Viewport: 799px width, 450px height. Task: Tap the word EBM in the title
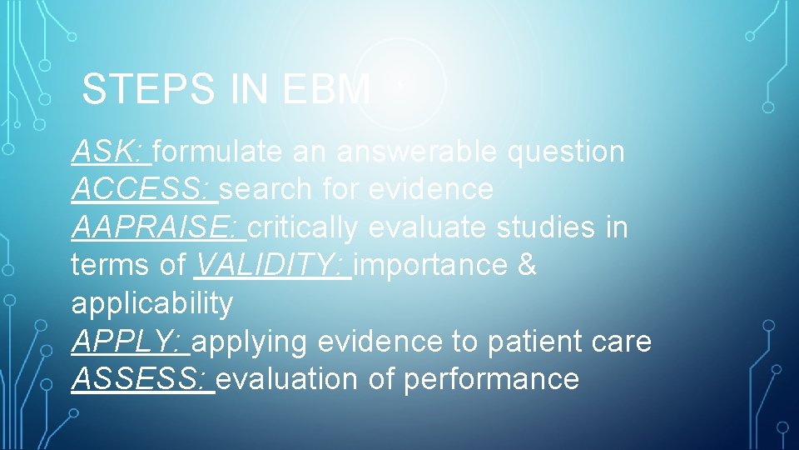326,89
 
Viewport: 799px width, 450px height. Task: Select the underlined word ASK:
110,152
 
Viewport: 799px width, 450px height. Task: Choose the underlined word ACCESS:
142,189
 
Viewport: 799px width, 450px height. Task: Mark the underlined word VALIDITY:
270,265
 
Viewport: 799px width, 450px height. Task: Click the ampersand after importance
527,265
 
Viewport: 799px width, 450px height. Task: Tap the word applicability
152,304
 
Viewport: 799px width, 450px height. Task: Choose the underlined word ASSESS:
141,379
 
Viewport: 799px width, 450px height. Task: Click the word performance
491,380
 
